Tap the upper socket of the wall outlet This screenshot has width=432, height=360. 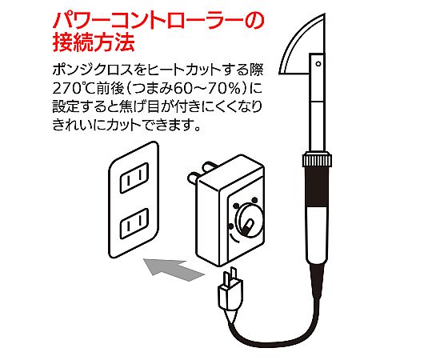tap(134, 178)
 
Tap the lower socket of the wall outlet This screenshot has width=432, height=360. tap(134, 224)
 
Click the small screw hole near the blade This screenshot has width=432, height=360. tap(318, 64)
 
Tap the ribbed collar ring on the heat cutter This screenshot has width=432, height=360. tap(317, 159)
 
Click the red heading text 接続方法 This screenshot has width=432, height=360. tap(94, 42)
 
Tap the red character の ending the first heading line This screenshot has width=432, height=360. tap(254, 22)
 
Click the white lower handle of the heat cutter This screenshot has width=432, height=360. tap(317, 235)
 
